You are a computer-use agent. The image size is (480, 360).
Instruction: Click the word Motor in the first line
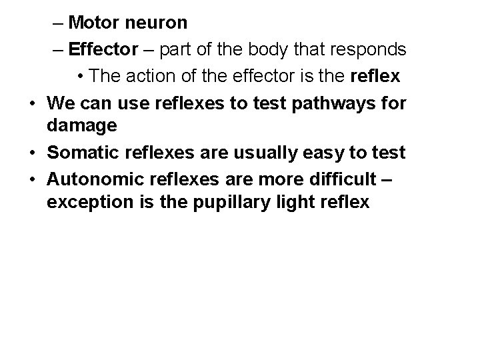(93, 23)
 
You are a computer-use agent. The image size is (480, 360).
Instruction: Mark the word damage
(82, 125)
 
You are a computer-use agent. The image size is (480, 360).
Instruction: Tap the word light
(304, 202)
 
